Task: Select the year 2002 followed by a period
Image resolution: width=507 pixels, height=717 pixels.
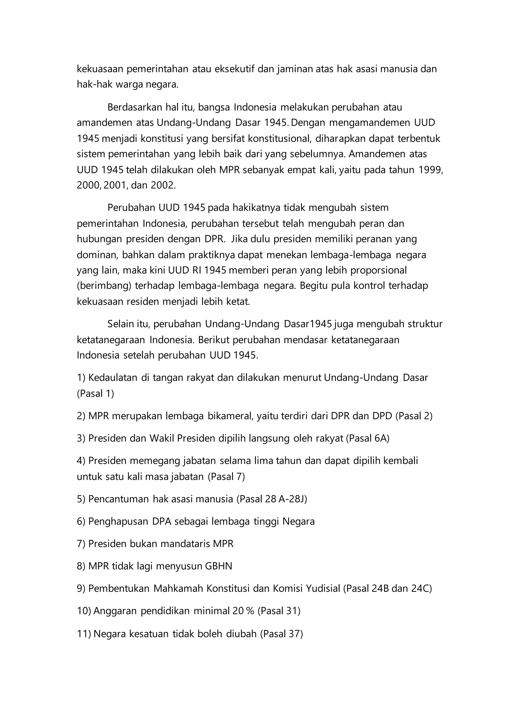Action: pos(163,185)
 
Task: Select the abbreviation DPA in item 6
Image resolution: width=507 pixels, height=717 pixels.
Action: pos(162,521)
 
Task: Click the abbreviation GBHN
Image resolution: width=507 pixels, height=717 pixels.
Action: pos(219,566)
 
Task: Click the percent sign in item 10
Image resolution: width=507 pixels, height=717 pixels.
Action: pos(250,611)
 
